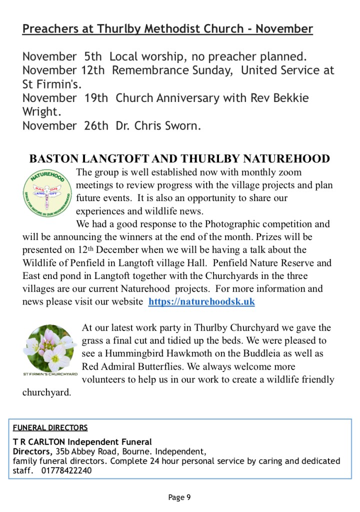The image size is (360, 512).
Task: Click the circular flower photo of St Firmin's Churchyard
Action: tap(50, 348)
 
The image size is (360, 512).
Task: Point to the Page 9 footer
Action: tap(179, 497)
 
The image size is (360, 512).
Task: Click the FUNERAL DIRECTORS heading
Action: tap(50, 427)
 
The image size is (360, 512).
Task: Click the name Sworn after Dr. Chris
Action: tap(181, 125)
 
